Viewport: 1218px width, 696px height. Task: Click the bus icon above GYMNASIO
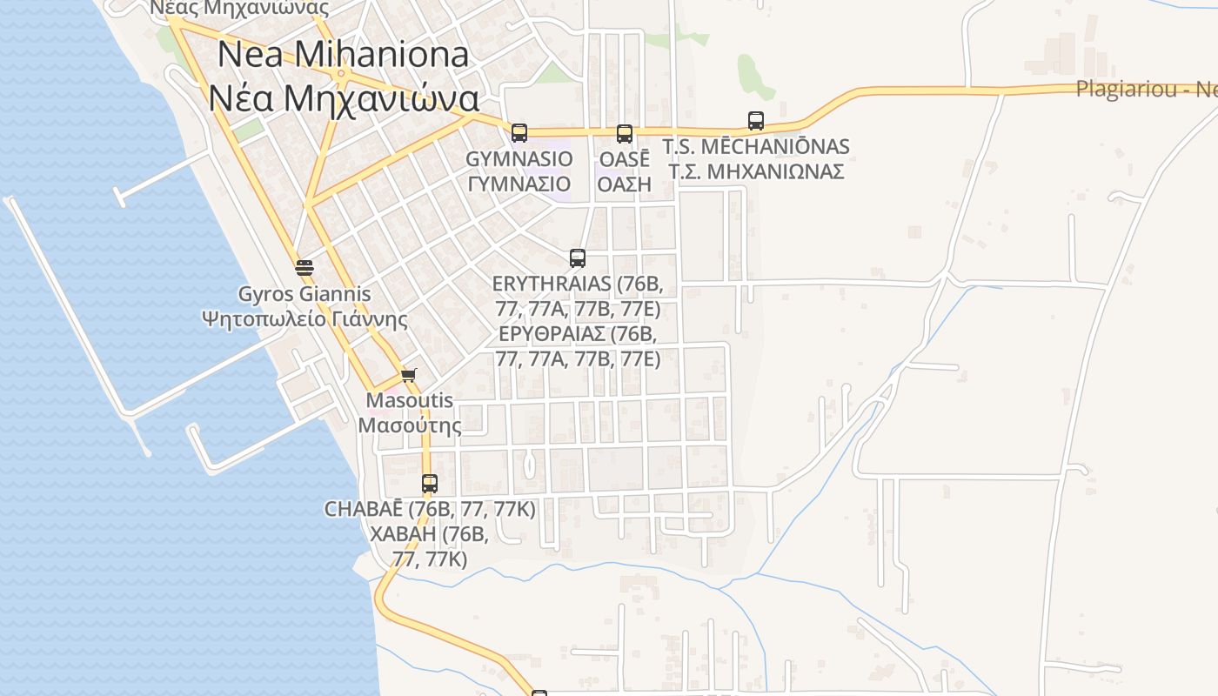pos(519,133)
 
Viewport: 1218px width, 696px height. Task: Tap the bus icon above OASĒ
pos(625,134)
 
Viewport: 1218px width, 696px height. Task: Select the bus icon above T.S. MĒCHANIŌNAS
pos(756,121)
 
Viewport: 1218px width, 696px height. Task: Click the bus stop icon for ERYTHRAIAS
pos(578,258)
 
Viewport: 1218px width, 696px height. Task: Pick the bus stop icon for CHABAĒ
pos(430,484)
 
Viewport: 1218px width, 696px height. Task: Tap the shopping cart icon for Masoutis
pos(409,376)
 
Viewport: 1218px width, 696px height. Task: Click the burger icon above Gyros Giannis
pos(304,267)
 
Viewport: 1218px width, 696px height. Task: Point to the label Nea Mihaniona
pos(343,55)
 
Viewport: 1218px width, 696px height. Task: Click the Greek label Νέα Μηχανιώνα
pos(344,98)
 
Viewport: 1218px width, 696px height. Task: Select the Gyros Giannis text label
pos(304,295)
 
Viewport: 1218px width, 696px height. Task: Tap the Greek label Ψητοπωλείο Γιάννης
pos(304,318)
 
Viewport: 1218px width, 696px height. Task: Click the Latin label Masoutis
pos(410,401)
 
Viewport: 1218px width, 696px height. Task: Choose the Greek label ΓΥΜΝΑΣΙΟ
pos(519,184)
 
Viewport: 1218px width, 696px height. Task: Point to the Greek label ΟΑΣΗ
pos(625,184)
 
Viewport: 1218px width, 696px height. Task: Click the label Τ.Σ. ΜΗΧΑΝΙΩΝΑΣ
pos(756,171)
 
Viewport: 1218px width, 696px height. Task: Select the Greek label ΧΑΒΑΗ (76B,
pos(430,533)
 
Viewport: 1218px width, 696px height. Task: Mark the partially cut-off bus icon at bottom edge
pos(539,693)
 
